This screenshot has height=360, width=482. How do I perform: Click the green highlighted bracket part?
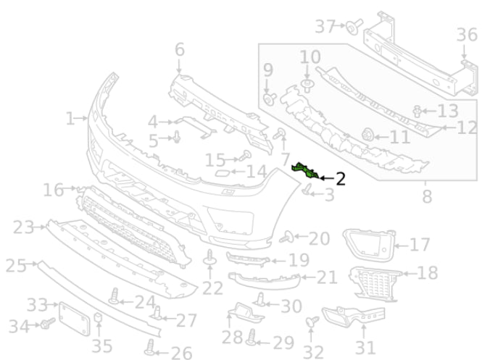306,172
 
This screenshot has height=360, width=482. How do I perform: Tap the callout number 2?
339,176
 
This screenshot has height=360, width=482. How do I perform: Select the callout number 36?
467,34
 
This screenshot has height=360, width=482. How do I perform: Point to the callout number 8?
426,196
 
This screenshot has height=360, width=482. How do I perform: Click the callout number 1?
70,117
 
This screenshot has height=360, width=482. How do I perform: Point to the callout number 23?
24,227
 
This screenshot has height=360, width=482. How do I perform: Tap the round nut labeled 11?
367,133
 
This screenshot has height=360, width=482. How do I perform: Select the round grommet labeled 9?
269,99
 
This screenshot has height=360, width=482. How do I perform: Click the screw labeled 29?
253,336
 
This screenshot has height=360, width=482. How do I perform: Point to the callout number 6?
179,50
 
